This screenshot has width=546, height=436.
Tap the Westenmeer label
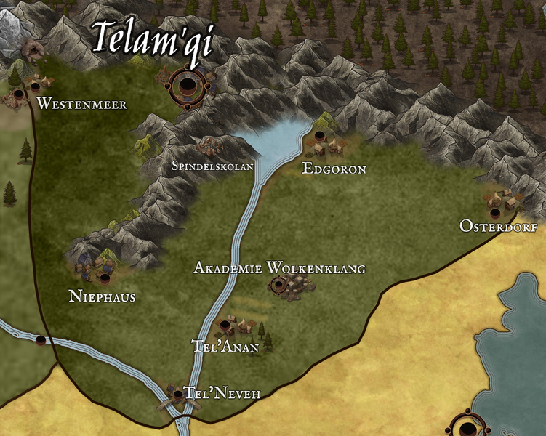tap(81, 104)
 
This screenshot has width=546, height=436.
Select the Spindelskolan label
tap(212, 166)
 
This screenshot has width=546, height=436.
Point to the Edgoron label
tap(334, 169)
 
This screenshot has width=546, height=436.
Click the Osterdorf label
tap(498, 227)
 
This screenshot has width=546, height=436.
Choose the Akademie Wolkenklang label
tap(279, 268)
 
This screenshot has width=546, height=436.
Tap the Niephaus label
tap(102, 296)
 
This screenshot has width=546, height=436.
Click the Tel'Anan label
tap(225, 347)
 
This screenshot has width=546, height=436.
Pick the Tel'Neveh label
tap(222, 393)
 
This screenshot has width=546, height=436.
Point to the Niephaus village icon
tap(95, 267)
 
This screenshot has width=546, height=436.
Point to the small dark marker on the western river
tap(41, 339)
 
